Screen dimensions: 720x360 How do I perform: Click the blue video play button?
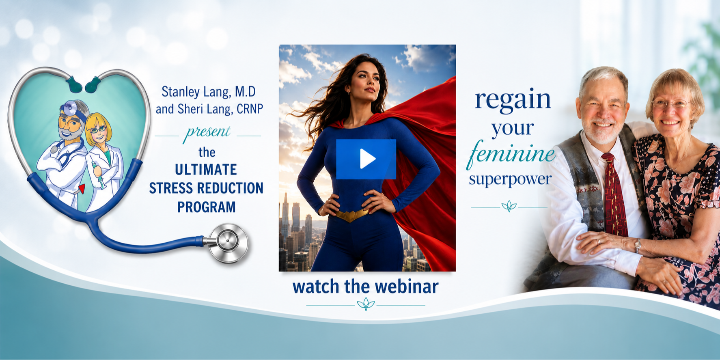pos(366,159)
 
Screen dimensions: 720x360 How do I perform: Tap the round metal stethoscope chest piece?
pos(227,242)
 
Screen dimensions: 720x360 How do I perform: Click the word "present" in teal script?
pos(208,133)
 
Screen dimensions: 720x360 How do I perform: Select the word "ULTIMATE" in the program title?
pos(206,169)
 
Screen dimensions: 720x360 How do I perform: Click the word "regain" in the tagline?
pos(513,99)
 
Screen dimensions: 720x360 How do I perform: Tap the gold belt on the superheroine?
pos(351,215)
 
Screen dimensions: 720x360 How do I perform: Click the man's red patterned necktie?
pos(614,195)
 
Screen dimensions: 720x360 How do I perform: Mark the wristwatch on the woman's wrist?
pos(638,245)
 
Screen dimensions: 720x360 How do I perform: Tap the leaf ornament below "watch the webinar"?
pos(365,304)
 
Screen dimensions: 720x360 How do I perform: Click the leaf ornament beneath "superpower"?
pos(509,207)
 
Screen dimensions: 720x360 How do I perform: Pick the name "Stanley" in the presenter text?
pos(181,92)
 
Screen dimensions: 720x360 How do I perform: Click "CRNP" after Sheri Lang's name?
pos(250,109)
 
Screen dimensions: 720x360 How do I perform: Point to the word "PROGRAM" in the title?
pos(206,207)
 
